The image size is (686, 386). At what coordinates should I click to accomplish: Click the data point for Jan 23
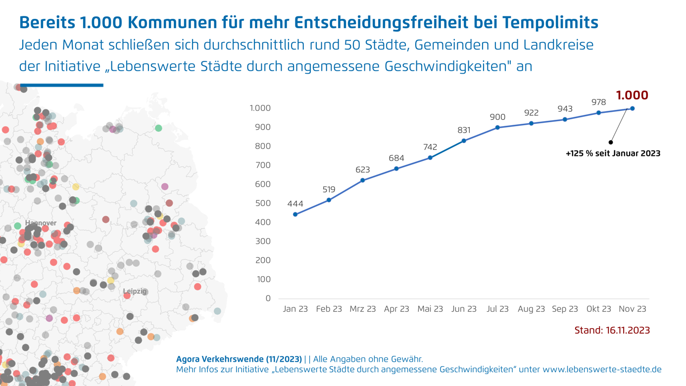(295, 214)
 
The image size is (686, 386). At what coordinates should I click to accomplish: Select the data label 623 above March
(363, 170)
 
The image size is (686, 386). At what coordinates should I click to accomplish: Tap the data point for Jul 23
(497, 128)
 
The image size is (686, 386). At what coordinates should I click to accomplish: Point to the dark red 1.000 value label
(632, 96)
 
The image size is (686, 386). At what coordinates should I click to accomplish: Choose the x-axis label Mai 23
(430, 309)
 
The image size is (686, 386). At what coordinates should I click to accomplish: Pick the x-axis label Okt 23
(598, 309)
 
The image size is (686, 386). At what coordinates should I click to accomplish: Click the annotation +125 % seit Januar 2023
(613, 153)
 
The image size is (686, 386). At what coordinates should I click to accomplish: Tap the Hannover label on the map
(41, 223)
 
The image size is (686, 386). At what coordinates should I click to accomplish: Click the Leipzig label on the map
(135, 291)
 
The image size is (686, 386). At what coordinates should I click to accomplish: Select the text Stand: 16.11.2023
(612, 330)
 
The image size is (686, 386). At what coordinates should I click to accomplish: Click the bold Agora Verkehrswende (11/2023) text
(239, 359)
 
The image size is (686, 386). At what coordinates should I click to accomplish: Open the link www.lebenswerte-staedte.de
(602, 370)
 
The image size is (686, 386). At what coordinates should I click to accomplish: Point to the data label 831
(464, 130)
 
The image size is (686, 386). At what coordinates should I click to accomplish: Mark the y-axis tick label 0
(268, 298)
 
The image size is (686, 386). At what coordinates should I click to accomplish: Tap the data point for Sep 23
(565, 119)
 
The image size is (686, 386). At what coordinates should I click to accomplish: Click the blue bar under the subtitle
(61, 85)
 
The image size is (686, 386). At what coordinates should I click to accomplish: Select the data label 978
(598, 102)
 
